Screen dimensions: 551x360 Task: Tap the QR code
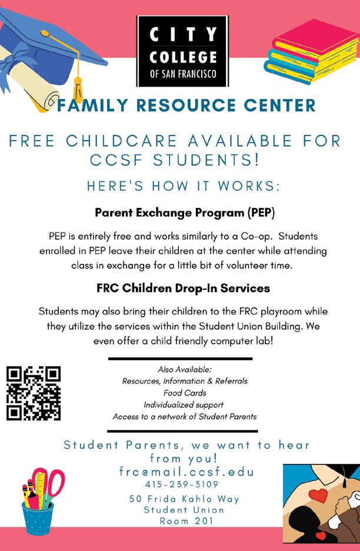[x=34, y=393]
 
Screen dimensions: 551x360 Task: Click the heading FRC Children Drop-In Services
[x=184, y=289]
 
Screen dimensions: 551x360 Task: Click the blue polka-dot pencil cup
[x=36, y=516]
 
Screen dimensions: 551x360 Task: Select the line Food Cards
[x=185, y=393]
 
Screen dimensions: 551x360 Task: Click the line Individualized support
[x=184, y=405]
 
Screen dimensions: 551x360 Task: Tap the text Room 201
[x=184, y=521]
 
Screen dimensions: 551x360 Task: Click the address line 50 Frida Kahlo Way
[x=185, y=499]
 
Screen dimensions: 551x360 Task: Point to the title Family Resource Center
[x=187, y=106]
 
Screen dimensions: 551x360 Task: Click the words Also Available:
[x=185, y=369]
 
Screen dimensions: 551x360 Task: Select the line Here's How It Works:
[x=183, y=186]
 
